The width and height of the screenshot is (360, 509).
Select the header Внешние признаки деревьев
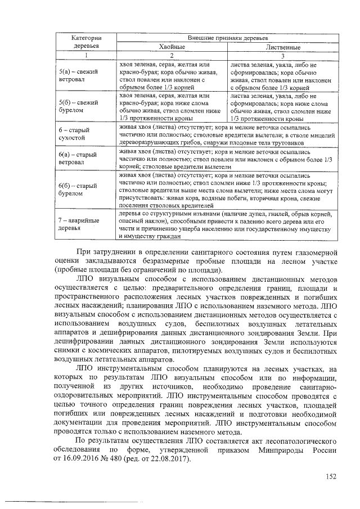pyautogui.click(x=227, y=37)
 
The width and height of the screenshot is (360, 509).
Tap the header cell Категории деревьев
pyautogui.click(x=85, y=41)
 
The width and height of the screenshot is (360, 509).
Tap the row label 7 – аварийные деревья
pyautogui.click(x=79, y=225)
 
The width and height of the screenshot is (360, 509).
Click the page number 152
pyautogui.click(x=331, y=478)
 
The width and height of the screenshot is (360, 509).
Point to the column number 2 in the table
pyautogui.click(x=172, y=56)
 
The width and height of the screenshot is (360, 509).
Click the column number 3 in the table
pyautogui.click(x=283, y=56)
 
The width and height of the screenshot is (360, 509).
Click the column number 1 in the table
pyautogui.click(x=85, y=56)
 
